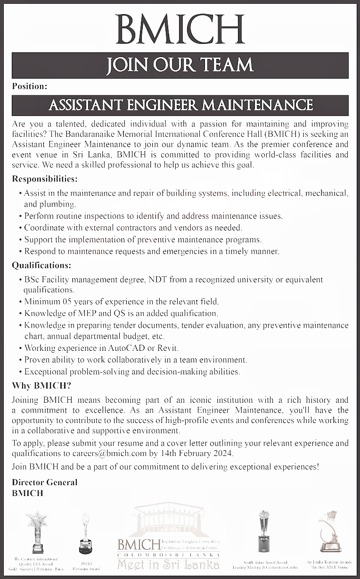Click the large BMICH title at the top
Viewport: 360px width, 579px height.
point(180,29)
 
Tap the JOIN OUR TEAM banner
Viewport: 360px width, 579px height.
point(180,65)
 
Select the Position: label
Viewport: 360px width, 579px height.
point(30,86)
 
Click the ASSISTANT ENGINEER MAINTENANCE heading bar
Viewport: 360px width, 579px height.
point(180,105)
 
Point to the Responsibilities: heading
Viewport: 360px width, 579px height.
point(45,179)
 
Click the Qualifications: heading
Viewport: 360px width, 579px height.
point(41,265)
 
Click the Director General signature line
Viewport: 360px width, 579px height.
point(44,482)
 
